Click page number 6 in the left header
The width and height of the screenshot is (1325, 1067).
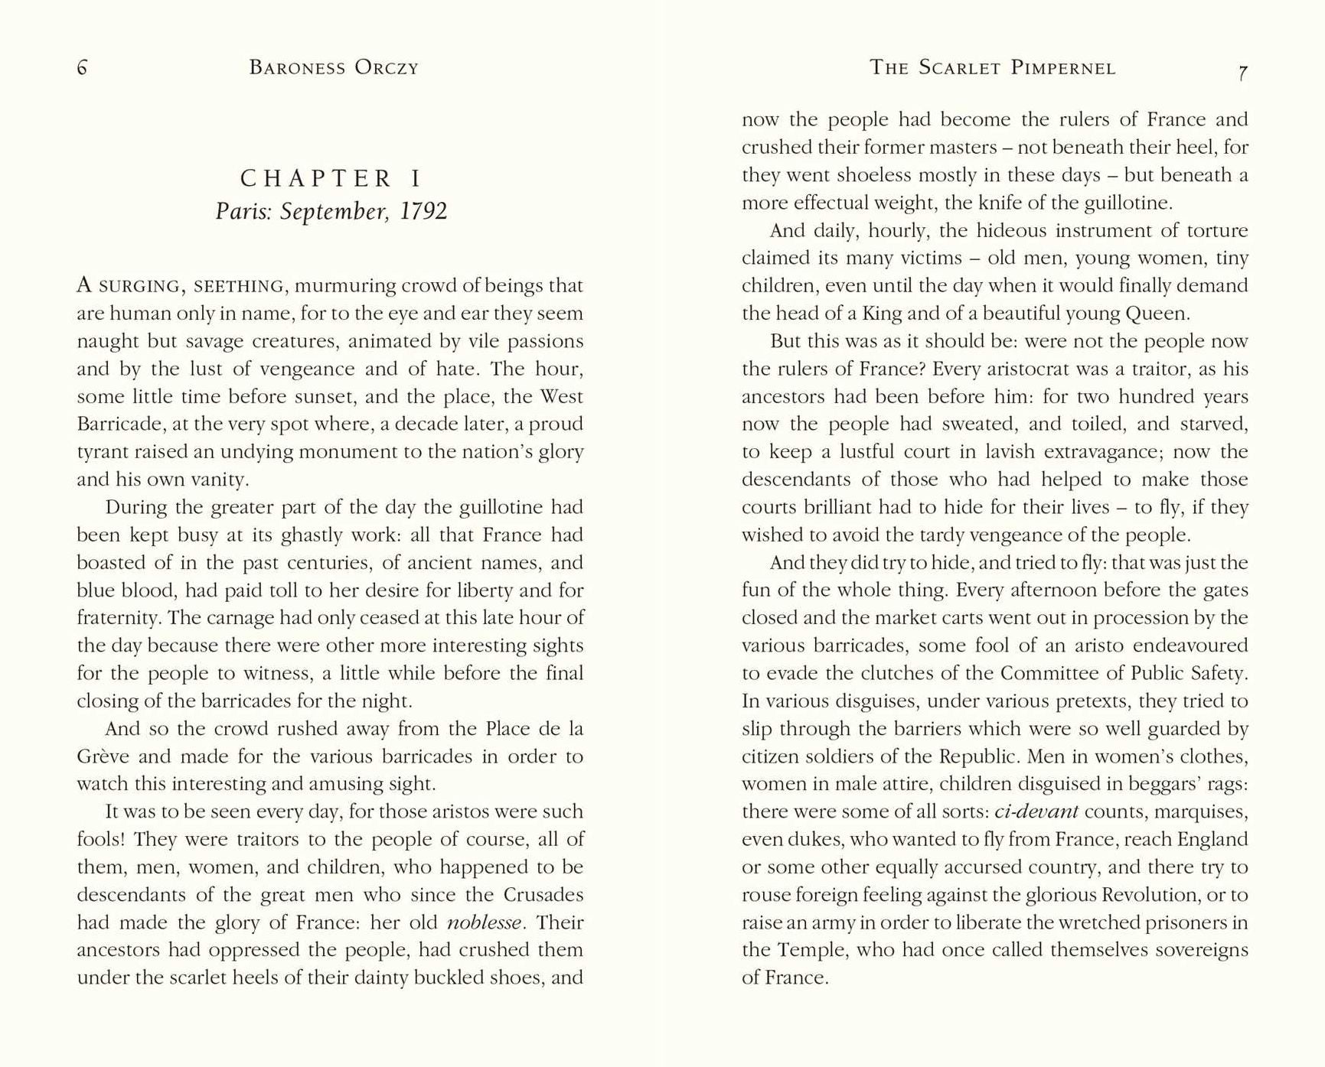point(82,68)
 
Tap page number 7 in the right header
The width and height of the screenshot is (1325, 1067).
point(1242,73)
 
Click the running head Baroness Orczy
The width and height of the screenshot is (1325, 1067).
point(334,68)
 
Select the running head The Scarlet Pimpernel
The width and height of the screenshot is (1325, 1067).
point(992,68)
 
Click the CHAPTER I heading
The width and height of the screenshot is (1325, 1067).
point(331,178)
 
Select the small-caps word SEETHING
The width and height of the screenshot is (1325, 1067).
point(238,287)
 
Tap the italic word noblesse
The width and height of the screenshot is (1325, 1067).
point(485,922)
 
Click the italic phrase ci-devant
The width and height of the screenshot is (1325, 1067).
point(1036,812)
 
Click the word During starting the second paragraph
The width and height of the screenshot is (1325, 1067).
point(139,508)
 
